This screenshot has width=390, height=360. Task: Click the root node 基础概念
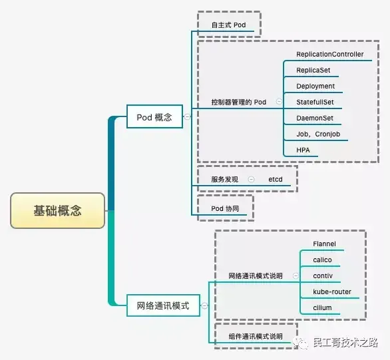coord(58,211)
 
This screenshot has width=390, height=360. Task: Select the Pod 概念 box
coord(154,117)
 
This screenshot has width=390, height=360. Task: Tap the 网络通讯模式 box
coord(163,306)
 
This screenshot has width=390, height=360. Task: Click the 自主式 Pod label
coord(229,25)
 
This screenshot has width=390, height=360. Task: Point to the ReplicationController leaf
coord(329,54)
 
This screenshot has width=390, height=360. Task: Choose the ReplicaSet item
coord(313,70)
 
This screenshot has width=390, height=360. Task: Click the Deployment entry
coord(315,86)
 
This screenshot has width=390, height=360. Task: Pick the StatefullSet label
coord(315,102)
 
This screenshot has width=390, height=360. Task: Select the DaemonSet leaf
coord(315,118)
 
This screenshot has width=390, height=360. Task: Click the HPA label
coord(303,150)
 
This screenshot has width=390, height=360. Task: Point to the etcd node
coord(276,180)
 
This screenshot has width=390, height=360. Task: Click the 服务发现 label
coord(225,180)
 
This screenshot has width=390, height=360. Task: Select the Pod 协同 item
coord(225,208)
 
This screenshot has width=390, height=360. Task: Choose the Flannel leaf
coord(324,244)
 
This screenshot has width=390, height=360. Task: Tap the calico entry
coord(322,260)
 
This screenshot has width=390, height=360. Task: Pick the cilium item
coord(322,307)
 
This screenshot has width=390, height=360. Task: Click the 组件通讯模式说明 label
coord(256,336)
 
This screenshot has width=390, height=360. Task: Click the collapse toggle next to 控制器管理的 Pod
coord(279,102)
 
